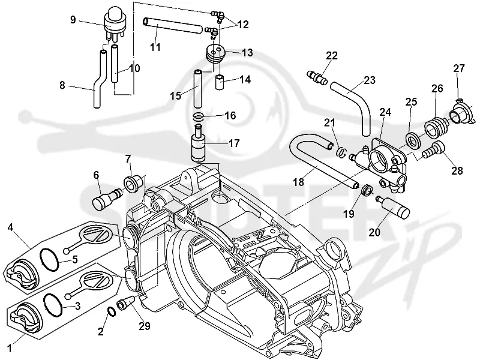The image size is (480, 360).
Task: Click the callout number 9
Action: [x=73, y=20]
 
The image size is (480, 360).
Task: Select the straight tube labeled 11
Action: [x=172, y=26]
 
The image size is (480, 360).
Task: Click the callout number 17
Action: [x=234, y=143]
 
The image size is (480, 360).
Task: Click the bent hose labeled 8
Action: [x=98, y=80]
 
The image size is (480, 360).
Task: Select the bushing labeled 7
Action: [x=133, y=183]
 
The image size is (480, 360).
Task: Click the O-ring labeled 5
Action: [x=50, y=259]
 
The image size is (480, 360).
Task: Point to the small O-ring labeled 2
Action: [x=112, y=311]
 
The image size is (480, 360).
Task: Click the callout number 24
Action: [x=385, y=112]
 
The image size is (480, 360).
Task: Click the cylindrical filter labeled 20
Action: [x=394, y=206]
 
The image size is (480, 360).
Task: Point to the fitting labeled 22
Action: [x=317, y=77]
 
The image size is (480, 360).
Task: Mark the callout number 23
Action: [x=370, y=80]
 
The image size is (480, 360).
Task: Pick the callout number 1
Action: [x=10, y=348]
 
